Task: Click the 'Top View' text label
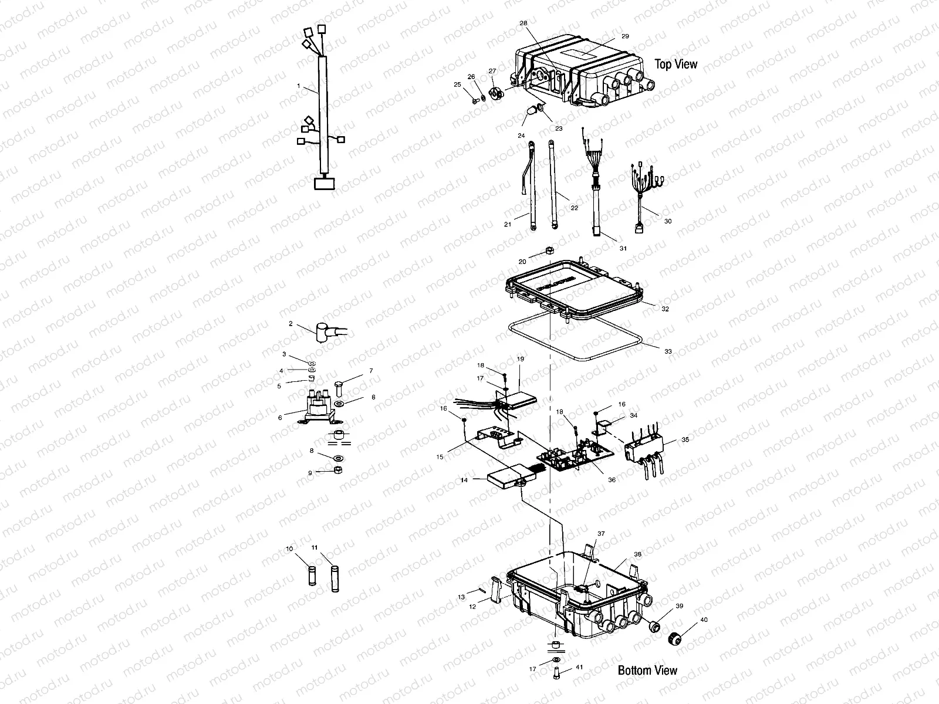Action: point(676,64)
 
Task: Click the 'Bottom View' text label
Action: point(647,671)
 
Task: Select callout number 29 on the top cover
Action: point(625,36)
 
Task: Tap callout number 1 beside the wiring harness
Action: point(298,86)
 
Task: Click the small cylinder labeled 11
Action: point(335,577)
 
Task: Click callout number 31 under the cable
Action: point(623,248)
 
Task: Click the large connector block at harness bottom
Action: point(324,184)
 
